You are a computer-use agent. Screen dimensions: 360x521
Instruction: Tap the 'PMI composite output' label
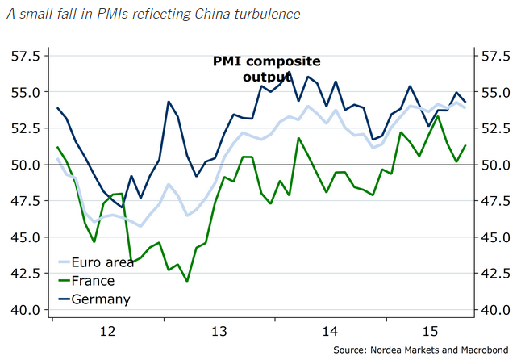coord(255,69)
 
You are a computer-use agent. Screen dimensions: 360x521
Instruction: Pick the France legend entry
coord(93,281)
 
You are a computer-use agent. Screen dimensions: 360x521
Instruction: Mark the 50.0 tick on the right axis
coord(494,165)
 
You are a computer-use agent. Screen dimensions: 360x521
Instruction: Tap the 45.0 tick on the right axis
coord(494,237)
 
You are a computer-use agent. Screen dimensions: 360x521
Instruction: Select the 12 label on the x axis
coord(106,331)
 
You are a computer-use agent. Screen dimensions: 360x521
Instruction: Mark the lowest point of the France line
coord(187,281)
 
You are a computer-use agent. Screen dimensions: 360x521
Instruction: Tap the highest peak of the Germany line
coord(290,73)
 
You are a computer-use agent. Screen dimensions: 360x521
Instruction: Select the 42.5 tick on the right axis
coord(494,274)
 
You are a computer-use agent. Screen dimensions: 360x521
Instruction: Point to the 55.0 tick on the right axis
coord(494,92)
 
